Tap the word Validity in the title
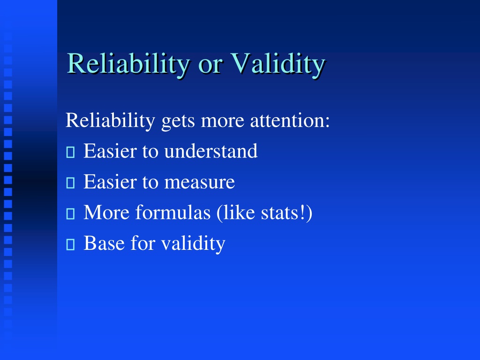tap(278, 64)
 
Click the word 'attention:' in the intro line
tap(290, 120)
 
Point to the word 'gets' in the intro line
tap(178, 122)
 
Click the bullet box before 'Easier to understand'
tap(70, 152)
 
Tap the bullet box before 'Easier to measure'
tap(70, 183)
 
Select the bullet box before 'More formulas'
tap(70, 214)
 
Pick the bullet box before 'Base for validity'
tap(70, 244)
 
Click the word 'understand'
tap(211, 151)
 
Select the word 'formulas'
tap(173, 212)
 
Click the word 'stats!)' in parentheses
tap(286, 213)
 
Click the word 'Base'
tap(105, 243)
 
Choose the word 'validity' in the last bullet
tap(193, 244)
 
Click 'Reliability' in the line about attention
tap(111, 120)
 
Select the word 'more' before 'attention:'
tap(223, 122)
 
